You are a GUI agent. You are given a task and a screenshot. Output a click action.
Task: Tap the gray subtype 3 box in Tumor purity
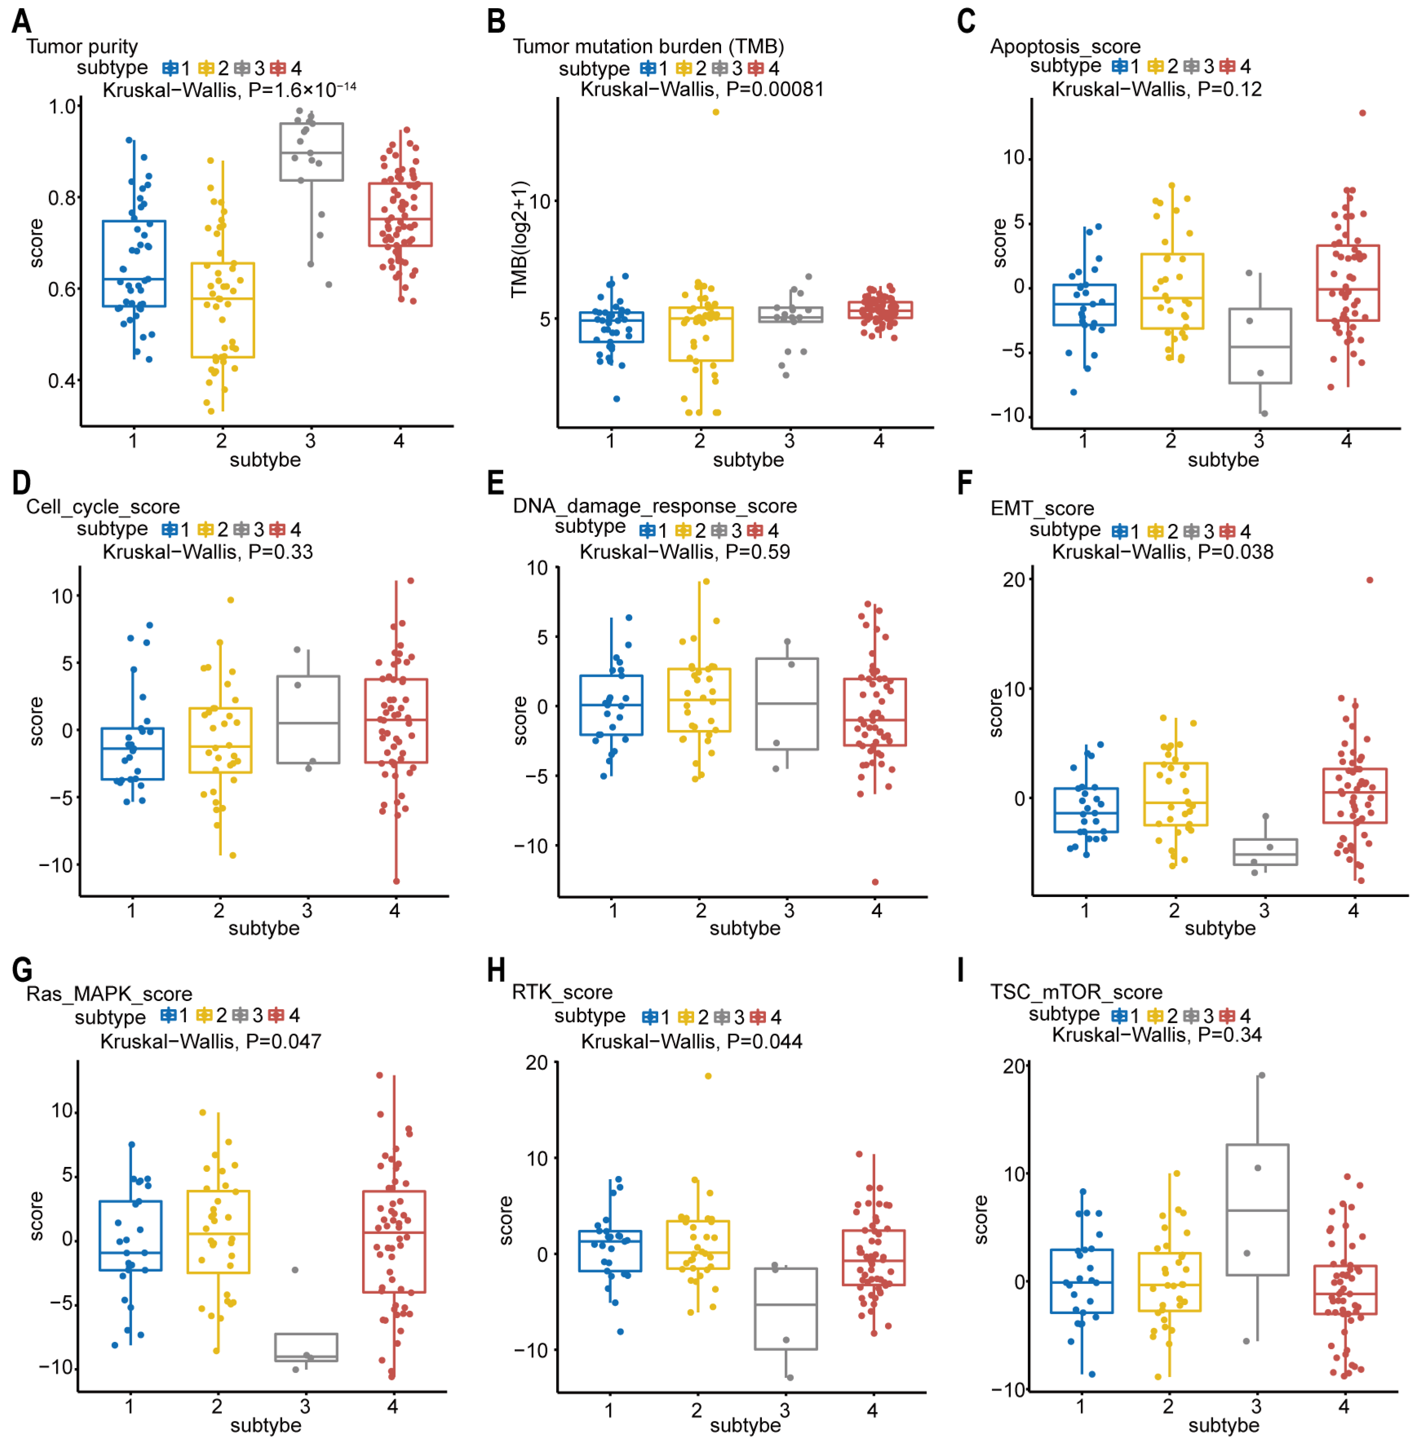(311, 152)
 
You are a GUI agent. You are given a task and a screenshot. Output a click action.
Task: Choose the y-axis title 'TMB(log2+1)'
(519, 239)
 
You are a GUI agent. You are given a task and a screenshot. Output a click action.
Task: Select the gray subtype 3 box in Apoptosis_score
(1260, 346)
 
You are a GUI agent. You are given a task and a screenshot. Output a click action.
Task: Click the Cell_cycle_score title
(103, 506)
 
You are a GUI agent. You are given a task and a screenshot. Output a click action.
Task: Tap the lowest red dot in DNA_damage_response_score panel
(875, 882)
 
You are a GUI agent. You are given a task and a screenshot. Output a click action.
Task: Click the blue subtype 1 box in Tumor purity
(134, 263)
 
